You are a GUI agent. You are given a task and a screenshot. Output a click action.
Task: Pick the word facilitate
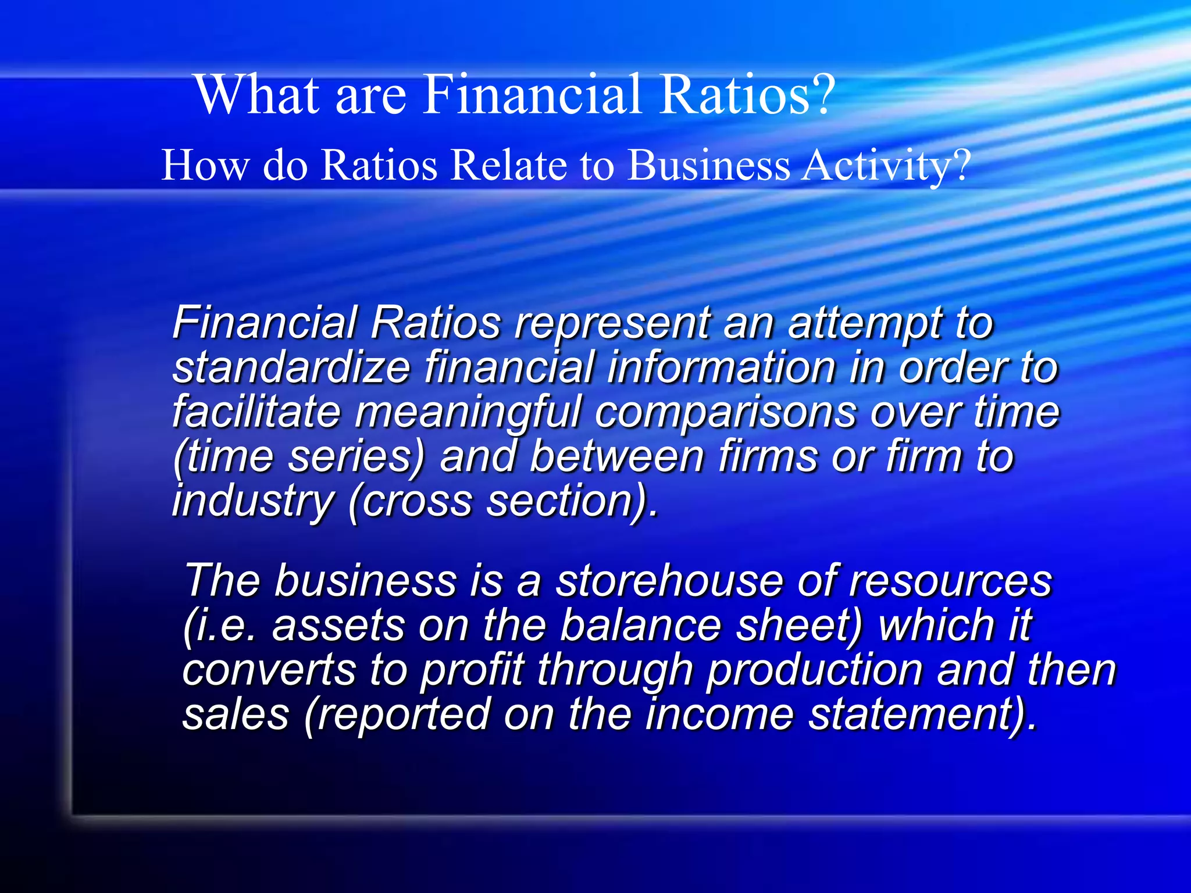[256, 412]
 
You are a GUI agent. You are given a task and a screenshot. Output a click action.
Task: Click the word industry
[254, 502]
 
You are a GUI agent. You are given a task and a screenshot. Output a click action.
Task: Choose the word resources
[950, 581]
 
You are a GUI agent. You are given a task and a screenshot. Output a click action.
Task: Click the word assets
[338, 626]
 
